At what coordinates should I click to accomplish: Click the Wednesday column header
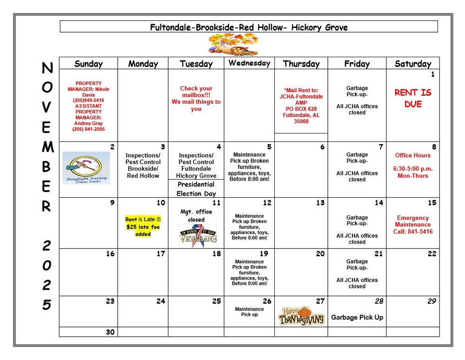coord(249,63)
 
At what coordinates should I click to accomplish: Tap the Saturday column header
coord(412,64)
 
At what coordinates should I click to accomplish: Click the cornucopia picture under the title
coord(233,45)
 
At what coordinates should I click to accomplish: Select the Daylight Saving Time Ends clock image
coord(86,168)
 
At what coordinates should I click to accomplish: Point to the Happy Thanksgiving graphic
coord(301,316)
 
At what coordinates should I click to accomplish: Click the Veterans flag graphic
coord(198,235)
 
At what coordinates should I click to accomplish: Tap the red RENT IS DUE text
coord(412,98)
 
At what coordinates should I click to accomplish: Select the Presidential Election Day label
coord(196,189)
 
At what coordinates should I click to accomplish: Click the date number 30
coord(110,332)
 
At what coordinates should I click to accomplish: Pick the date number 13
coord(320,203)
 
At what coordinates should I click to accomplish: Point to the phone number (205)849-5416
coord(88,100)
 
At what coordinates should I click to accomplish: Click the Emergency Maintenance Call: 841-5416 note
coord(412,225)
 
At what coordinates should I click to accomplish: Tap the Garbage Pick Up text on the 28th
coord(357,318)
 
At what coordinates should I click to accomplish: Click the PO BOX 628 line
coord(301,109)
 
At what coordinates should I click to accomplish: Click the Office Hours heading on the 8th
coord(412,155)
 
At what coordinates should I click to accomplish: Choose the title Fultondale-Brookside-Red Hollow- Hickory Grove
coord(249,27)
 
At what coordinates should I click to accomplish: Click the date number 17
coord(160,253)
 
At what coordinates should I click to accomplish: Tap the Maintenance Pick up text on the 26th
coord(249,312)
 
